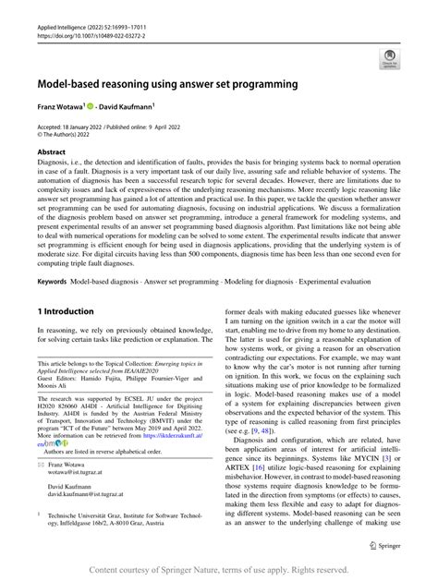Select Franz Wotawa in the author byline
pos(62,108)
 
